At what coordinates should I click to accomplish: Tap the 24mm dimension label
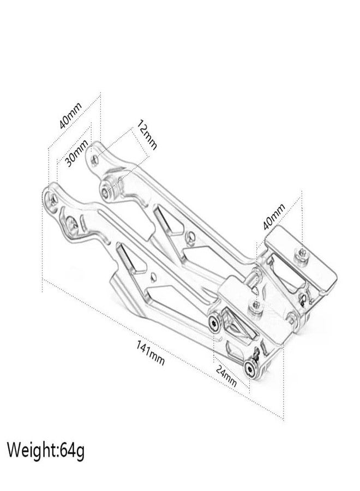coord(226,375)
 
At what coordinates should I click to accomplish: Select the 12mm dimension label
coord(146,135)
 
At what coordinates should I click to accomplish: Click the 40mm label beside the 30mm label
coord(70,116)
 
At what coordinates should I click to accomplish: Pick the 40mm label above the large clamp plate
coord(274,216)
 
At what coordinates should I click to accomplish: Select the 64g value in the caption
coord(73,451)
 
